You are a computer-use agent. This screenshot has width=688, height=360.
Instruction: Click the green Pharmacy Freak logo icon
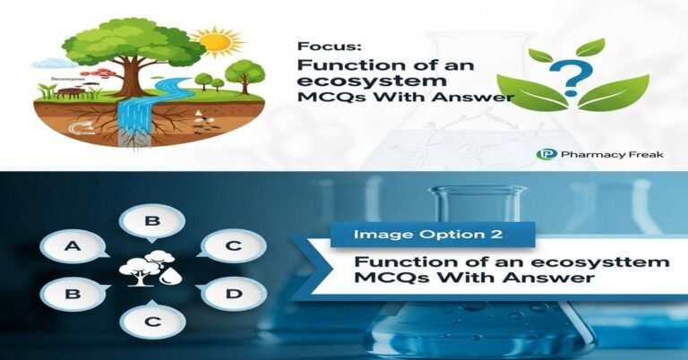(x=543, y=154)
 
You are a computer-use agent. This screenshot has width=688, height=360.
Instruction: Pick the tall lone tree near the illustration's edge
(x=242, y=76)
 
